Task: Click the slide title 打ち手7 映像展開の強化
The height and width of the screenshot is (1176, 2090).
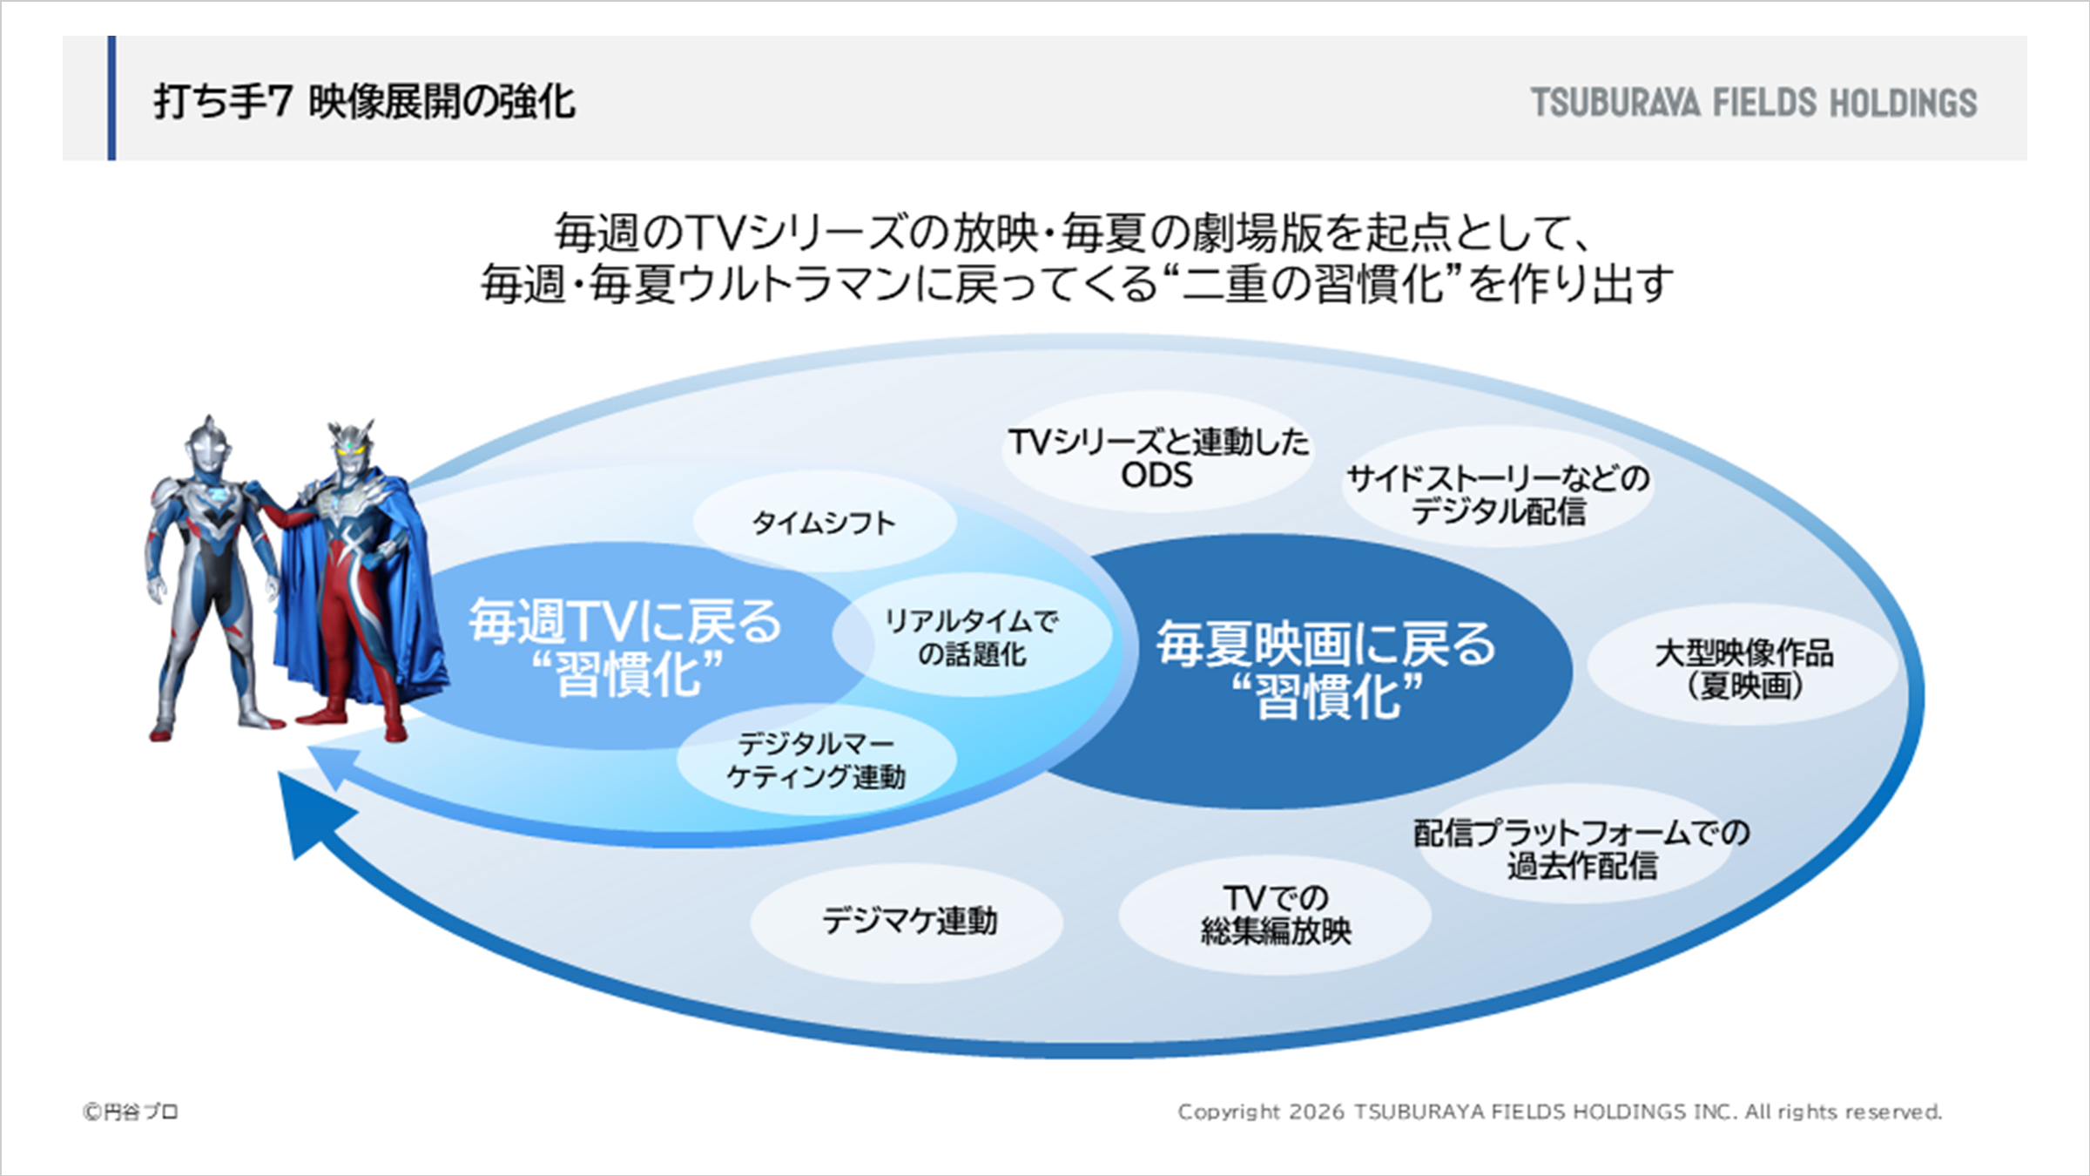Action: coord(364,101)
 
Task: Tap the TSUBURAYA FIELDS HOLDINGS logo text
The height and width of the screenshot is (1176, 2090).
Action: coord(1754,102)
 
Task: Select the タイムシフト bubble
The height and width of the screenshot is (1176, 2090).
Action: coord(824,522)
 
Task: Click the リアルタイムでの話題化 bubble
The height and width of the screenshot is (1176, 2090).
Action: coord(972,637)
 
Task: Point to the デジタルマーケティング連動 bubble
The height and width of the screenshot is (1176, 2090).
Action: coord(816,760)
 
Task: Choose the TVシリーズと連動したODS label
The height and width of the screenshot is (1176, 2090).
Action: coord(1157,458)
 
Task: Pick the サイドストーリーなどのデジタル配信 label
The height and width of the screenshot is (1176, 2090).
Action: coord(1498,494)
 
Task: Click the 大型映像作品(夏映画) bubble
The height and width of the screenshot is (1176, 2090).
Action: coord(1743,666)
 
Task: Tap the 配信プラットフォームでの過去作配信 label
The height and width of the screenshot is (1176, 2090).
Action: coord(1581,848)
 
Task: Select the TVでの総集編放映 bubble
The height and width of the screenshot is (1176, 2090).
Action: coord(1275,915)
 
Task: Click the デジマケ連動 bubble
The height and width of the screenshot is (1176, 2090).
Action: coord(907,922)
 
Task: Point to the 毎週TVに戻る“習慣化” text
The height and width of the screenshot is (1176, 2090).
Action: coord(626,646)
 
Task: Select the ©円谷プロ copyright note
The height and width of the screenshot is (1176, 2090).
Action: coord(131,1112)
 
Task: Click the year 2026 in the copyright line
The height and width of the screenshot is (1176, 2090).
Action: coord(1317,1112)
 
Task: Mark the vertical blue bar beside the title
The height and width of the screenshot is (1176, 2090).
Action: coord(111,98)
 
